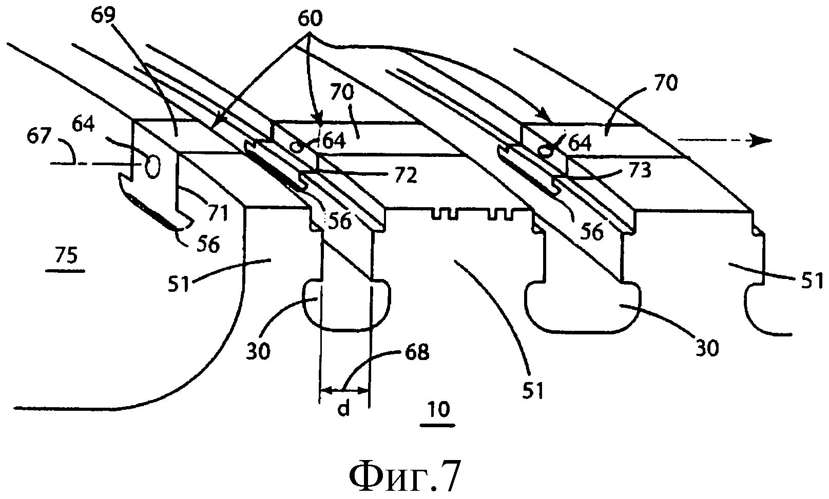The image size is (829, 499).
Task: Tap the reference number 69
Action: pos(104,15)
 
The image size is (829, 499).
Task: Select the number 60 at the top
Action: pos(310,18)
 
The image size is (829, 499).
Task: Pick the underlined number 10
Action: pos(438,410)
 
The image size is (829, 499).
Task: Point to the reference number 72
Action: pos(406,175)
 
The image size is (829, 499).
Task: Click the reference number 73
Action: pos(640,170)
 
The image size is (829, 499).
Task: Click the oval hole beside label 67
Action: pos(152,166)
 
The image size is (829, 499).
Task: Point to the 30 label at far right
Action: pos(707,348)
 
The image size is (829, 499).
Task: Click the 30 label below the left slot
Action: pos(258,351)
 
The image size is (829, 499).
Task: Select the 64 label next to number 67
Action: pos(83,124)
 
